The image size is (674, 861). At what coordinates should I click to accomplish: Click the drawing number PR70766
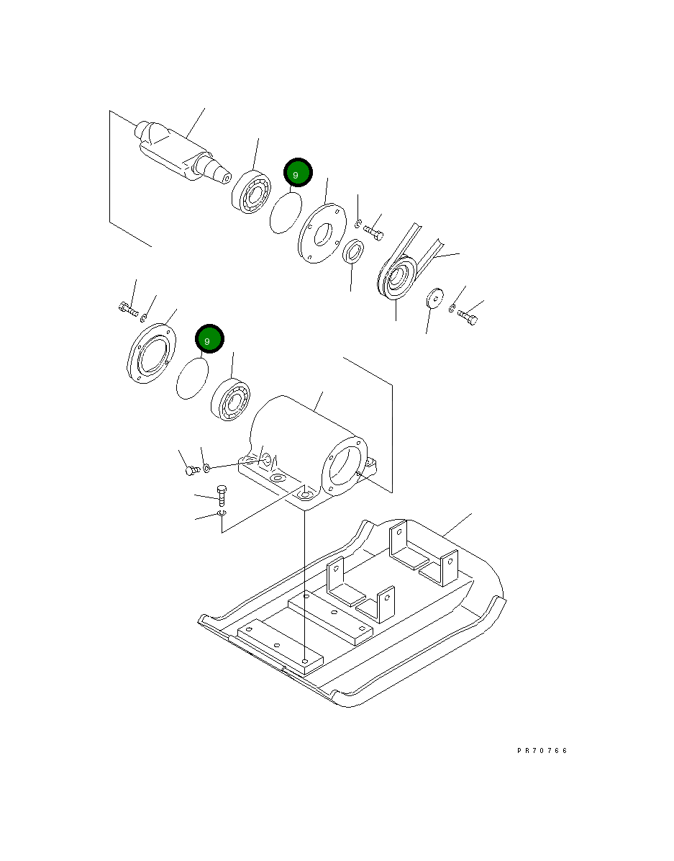click(542, 750)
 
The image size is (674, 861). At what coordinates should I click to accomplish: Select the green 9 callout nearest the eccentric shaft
click(297, 173)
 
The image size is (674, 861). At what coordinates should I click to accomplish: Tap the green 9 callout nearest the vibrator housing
click(209, 338)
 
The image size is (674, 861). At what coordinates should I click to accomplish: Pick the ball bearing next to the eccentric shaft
click(250, 191)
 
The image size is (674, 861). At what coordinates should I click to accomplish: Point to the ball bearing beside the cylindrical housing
click(231, 398)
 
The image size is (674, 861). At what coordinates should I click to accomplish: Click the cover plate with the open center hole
click(318, 233)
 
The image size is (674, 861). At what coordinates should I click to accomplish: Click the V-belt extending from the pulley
click(424, 245)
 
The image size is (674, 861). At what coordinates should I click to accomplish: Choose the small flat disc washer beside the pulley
click(434, 297)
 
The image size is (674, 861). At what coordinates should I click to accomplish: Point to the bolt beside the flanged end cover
click(127, 309)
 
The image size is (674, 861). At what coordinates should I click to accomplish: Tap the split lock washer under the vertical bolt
click(222, 514)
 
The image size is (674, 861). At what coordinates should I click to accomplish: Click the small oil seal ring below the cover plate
click(352, 253)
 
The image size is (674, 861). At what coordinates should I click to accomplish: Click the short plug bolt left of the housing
click(192, 470)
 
